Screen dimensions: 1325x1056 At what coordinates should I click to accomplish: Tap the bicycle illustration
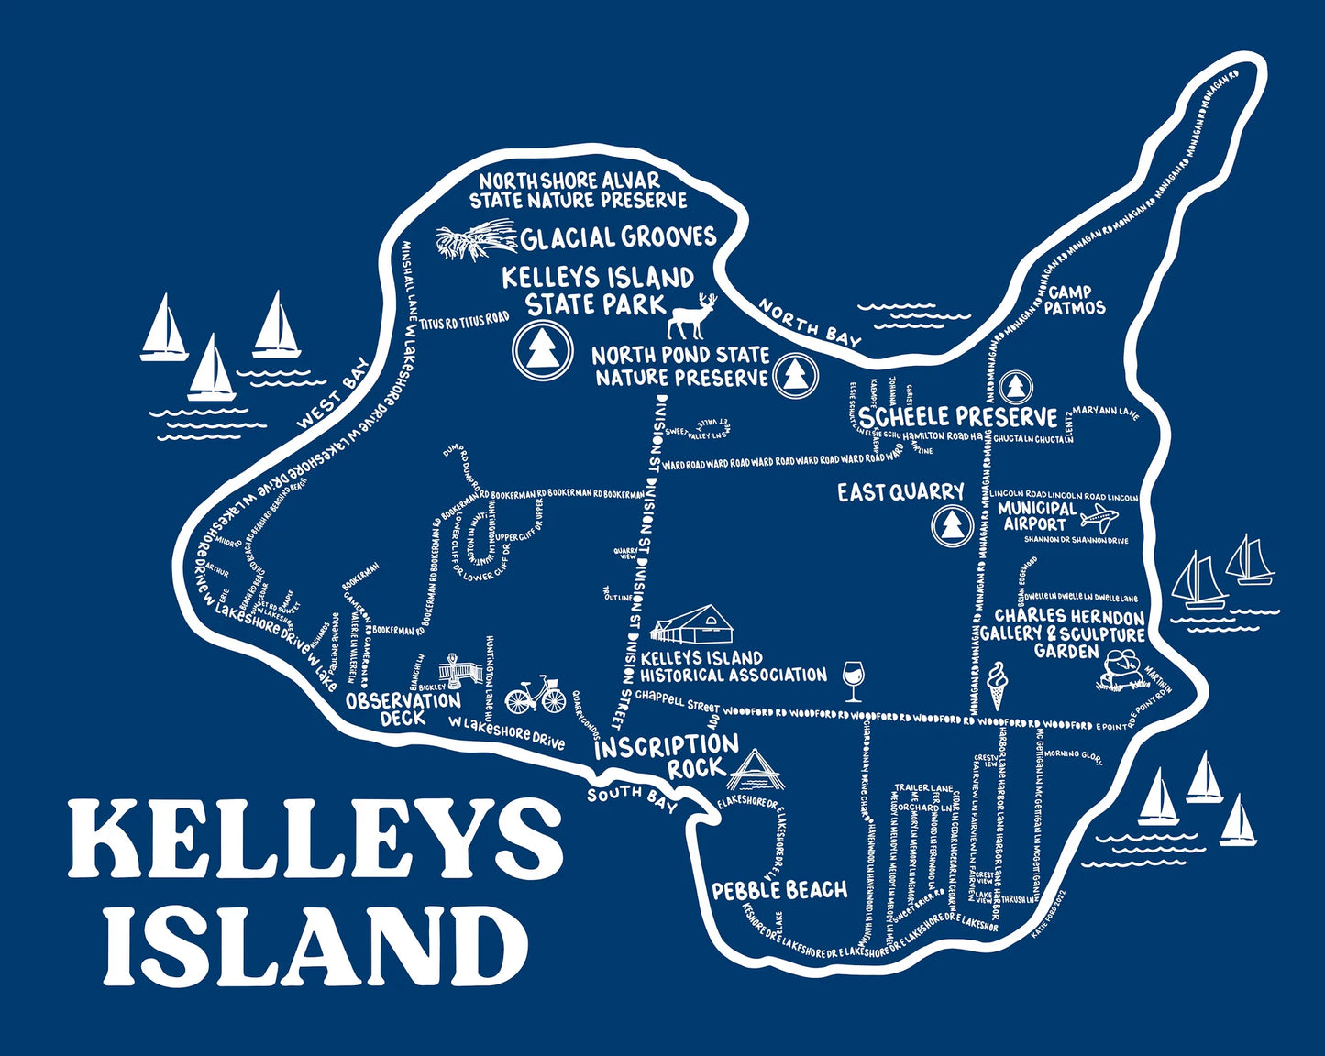click(536, 696)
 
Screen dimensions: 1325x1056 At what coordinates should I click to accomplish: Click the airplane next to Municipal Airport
click(1099, 519)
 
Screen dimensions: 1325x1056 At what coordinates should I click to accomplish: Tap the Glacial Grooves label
click(618, 238)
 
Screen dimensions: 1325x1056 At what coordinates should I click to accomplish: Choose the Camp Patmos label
click(1076, 300)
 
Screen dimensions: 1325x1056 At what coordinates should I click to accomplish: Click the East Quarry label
click(900, 493)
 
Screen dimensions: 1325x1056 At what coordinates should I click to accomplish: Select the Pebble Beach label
click(779, 890)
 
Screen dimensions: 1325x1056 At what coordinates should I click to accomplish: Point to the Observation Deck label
click(403, 709)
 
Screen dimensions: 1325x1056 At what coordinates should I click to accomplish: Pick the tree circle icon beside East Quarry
click(950, 526)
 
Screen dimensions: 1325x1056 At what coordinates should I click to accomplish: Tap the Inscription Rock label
click(667, 756)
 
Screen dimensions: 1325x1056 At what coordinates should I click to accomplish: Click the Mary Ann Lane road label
click(1105, 412)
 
